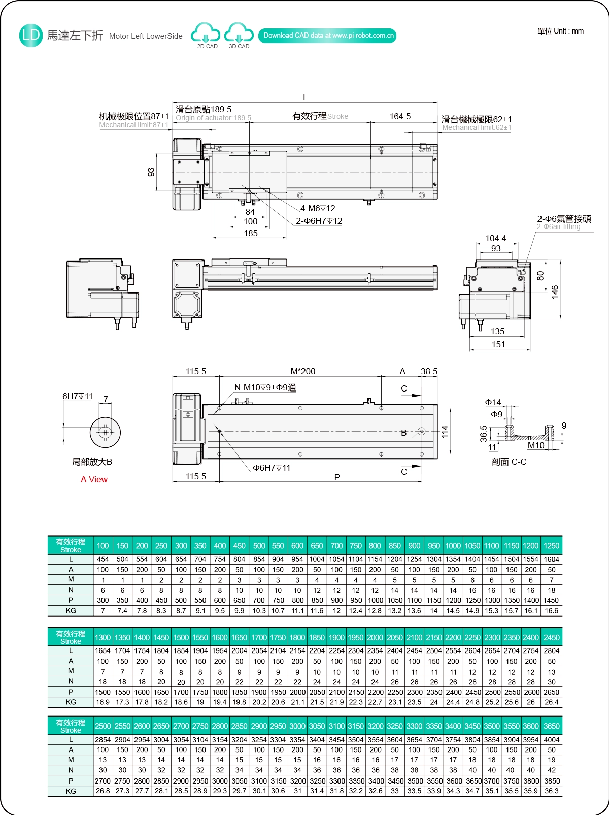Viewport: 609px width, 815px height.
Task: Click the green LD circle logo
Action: point(30,35)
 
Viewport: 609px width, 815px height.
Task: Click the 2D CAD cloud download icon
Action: point(206,35)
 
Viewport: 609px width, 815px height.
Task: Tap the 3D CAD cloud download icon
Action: point(239,35)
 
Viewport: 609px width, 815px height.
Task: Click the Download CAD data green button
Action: point(328,36)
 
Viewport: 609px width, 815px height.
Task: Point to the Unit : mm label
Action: point(561,31)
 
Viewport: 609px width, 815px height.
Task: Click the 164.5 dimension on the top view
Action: point(400,116)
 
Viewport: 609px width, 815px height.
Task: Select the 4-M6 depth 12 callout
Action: point(318,208)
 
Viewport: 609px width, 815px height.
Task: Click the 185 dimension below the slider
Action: point(251,233)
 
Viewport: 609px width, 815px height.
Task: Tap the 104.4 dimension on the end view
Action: point(495,238)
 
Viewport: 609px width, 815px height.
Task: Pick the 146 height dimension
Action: point(555,291)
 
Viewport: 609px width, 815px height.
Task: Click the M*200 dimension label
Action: point(303,371)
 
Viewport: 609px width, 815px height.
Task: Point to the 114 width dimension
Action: point(445,432)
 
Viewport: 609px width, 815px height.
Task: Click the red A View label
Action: point(94,479)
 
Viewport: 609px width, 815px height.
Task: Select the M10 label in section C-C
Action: point(536,445)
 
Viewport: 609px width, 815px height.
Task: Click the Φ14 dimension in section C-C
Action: point(493,402)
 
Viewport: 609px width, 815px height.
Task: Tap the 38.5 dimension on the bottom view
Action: point(429,371)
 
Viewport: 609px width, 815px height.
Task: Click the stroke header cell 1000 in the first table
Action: point(453,546)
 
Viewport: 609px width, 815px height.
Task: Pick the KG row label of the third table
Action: point(71,791)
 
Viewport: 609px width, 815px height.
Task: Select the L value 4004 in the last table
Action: point(552,740)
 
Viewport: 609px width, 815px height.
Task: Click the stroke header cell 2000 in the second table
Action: point(375,637)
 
